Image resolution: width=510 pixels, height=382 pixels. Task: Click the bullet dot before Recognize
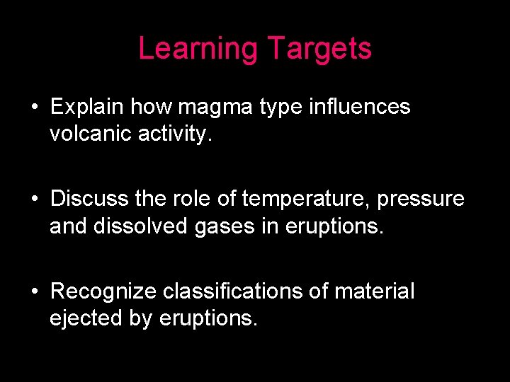pos(34,291)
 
